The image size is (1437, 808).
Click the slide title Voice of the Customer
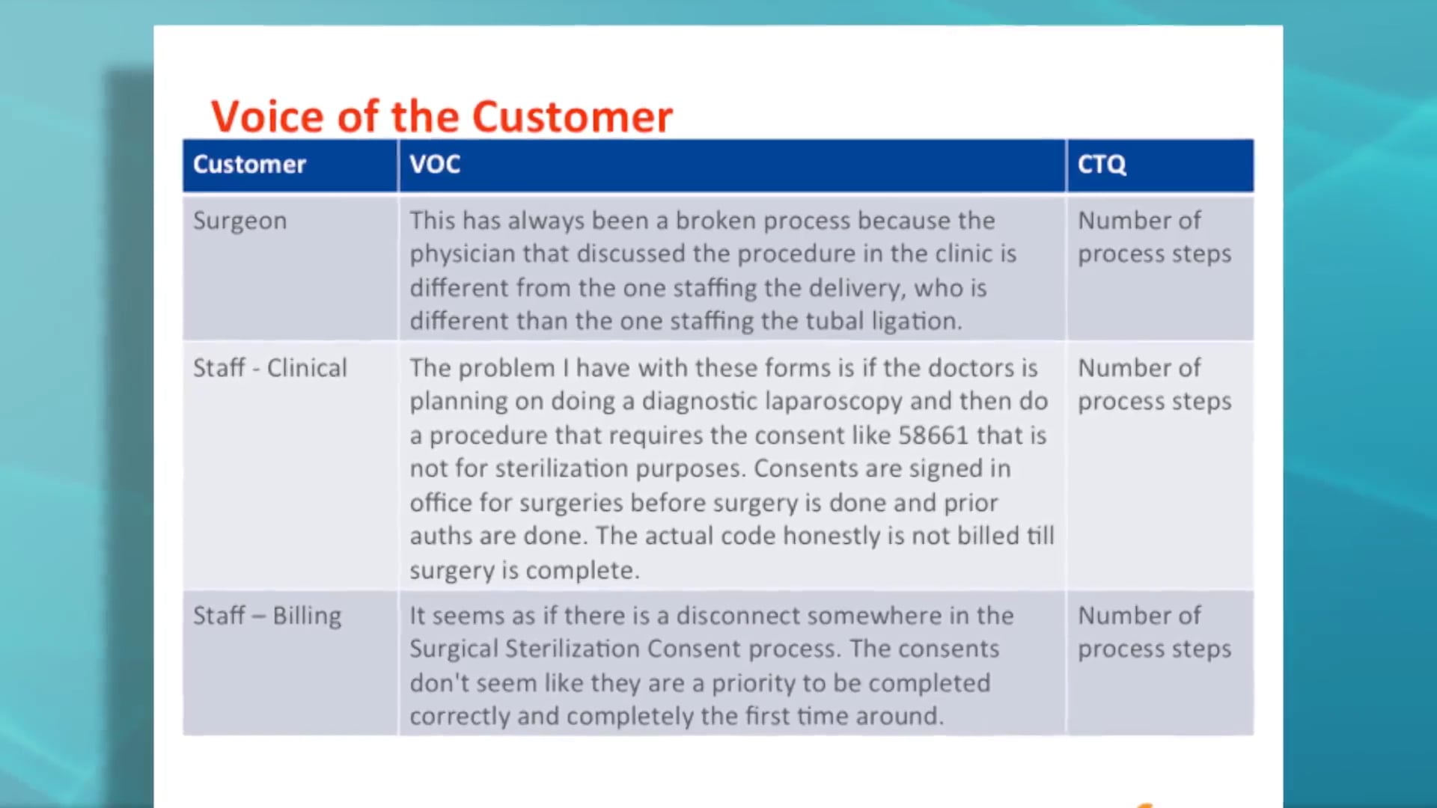point(442,117)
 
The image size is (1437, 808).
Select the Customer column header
point(249,165)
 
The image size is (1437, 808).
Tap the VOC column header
point(435,165)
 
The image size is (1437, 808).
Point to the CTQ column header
point(1102,165)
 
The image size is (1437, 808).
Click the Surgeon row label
point(239,221)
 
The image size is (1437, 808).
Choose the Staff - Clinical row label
point(270,368)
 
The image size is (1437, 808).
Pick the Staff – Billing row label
point(267,616)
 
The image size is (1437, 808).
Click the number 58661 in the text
point(933,435)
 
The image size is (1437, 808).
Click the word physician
point(463,254)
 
